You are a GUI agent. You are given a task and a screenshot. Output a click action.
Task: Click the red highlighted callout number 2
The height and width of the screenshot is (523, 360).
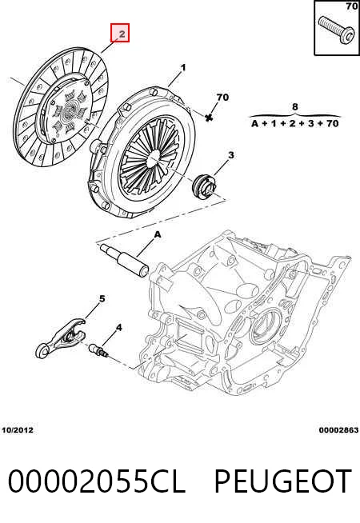[120, 33]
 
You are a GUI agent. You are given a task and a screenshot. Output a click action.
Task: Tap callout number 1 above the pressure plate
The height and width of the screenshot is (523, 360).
[183, 68]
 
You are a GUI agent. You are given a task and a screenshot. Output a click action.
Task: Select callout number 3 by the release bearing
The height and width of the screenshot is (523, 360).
[231, 155]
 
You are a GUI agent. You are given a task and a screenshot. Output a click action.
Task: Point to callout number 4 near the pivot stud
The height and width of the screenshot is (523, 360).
[118, 328]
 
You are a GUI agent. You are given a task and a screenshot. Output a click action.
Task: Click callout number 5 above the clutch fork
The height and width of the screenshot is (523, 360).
[102, 298]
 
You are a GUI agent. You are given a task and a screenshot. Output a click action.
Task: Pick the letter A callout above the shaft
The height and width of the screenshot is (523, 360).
[158, 235]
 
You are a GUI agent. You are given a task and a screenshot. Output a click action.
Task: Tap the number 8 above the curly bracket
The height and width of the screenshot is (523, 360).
[295, 106]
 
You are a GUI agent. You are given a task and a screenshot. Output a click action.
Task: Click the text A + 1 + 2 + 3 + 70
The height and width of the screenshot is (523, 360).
[295, 124]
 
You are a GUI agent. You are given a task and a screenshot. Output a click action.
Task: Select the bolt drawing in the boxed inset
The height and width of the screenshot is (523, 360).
[336, 30]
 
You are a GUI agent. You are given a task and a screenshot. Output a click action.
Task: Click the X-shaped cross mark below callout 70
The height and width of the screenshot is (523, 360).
[209, 117]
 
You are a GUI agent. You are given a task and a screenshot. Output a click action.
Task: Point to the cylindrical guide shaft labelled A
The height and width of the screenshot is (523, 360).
[124, 259]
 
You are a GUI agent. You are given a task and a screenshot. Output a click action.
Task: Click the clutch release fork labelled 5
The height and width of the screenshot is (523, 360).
[60, 338]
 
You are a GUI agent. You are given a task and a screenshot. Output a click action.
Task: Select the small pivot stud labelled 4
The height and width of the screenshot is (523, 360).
[98, 350]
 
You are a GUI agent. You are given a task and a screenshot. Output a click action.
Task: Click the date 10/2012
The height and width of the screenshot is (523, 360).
[18, 430]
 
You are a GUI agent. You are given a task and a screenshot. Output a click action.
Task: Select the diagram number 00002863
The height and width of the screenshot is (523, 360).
[338, 430]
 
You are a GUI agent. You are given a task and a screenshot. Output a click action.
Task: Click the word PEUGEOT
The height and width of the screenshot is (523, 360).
[283, 481]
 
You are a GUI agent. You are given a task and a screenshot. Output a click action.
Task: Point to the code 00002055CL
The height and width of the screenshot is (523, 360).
[96, 481]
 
